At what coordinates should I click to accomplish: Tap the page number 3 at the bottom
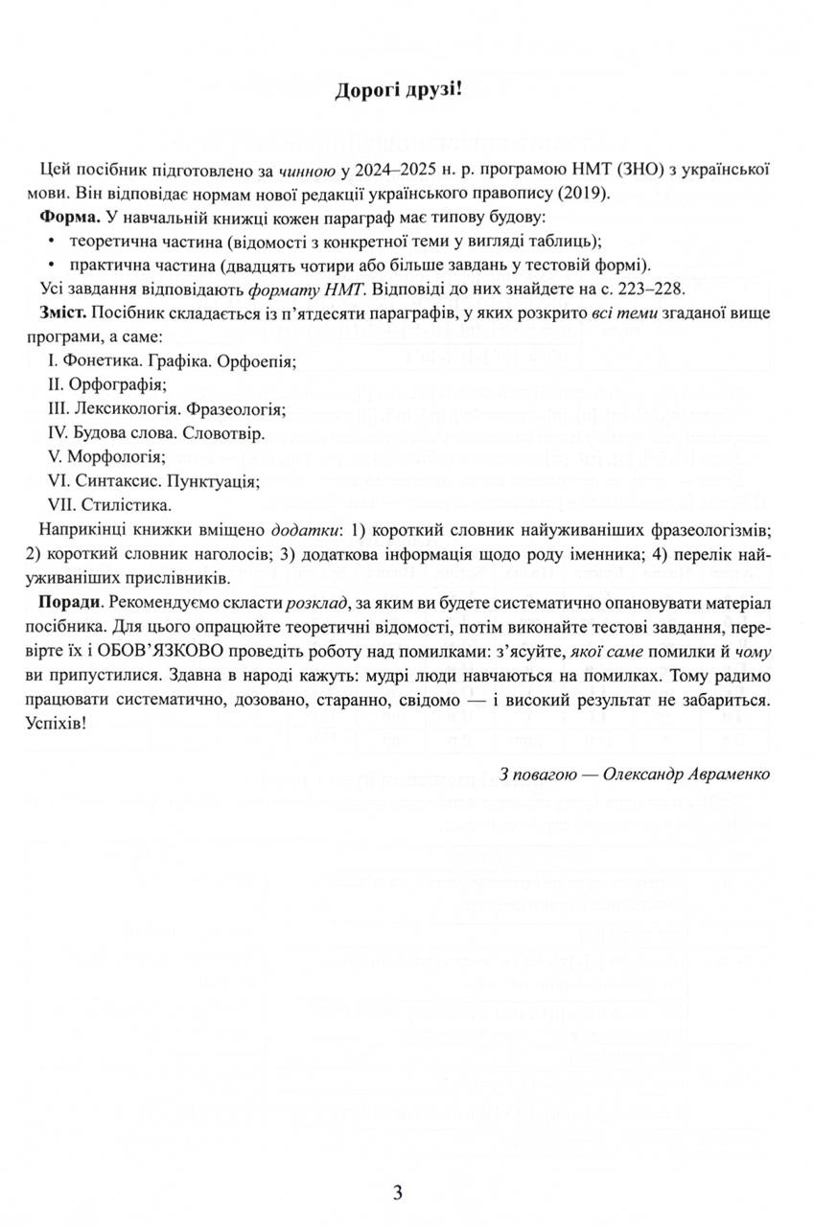click(398, 1193)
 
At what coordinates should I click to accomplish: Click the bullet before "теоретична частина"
click(49, 242)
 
